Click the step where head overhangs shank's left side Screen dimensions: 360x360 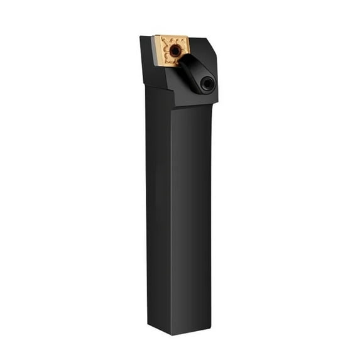(146, 87)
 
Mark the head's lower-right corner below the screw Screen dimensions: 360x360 (217, 101)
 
